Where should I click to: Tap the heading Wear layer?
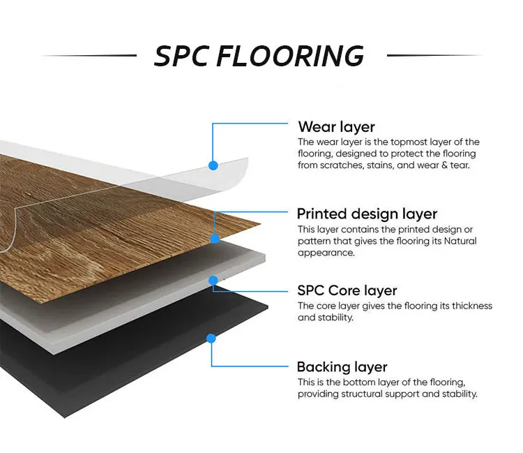point(336,127)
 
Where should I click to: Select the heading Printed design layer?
point(367,214)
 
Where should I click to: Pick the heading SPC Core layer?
point(347,290)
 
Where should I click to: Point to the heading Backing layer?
point(342,367)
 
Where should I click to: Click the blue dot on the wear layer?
point(213,165)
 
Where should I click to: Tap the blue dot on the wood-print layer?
point(215,238)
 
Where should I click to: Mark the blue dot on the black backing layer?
point(211,339)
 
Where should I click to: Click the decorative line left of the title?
point(89,55)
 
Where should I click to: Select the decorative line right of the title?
point(434,55)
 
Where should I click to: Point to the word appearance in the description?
point(326,253)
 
